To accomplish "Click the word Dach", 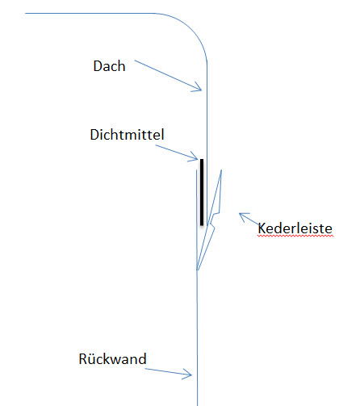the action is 109,66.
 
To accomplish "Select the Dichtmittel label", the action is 127,134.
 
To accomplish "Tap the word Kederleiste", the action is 295,228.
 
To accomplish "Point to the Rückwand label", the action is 112,358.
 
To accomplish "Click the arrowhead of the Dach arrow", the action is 199,89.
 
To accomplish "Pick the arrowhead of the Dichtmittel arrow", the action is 196,158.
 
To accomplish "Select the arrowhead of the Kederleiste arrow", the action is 241,215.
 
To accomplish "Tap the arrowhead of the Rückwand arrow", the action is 189,375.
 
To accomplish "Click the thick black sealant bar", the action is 202,192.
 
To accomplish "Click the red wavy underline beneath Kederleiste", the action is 295,236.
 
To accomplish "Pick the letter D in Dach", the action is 98,66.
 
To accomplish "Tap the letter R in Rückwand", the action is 82,359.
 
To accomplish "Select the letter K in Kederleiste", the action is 262,228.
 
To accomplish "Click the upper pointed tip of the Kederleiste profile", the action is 221,170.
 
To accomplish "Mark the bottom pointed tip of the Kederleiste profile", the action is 197,270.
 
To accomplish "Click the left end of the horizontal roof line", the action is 25,13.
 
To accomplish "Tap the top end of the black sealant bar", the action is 202,159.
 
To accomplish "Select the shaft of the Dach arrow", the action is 168,75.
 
